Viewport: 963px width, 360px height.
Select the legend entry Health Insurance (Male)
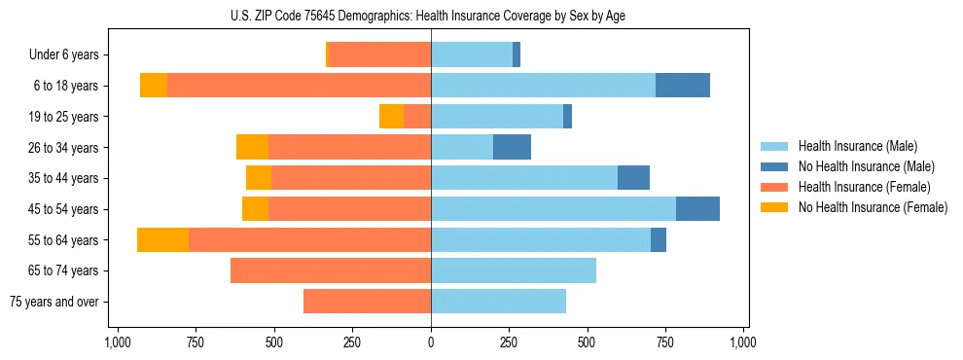pyautogui.click(x=857, y=146)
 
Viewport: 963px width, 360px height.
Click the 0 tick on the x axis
pyautogui.click(x=431, y=342)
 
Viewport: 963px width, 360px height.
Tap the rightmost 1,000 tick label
pyautogui.click(x=743, y=342)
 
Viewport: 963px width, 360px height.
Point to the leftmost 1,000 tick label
pyautogui.click(x=118, y=342)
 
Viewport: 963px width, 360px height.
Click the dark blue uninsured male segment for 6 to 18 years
pyautogui.click(x=683, y=86)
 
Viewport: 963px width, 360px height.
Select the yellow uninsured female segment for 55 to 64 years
pyautogui.click(x=162, y=240)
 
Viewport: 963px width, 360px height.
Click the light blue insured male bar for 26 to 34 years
pyautogui.click(x=462, y=147)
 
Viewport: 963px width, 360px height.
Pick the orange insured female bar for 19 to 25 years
pyautogui.click(x=417, y=117)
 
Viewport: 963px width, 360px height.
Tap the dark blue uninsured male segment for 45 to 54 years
pyautogui.click(x=697, y=209)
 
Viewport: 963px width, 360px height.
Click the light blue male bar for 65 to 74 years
pyautogui.click(x=514, y=270)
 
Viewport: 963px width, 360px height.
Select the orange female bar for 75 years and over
pyautogui.click(x=367, y=302)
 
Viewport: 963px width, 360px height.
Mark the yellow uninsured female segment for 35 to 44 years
pyautogui.click(x=259, y=178)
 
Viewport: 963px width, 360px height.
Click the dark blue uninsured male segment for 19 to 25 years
pyautogui.click(x=567, y=117)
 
